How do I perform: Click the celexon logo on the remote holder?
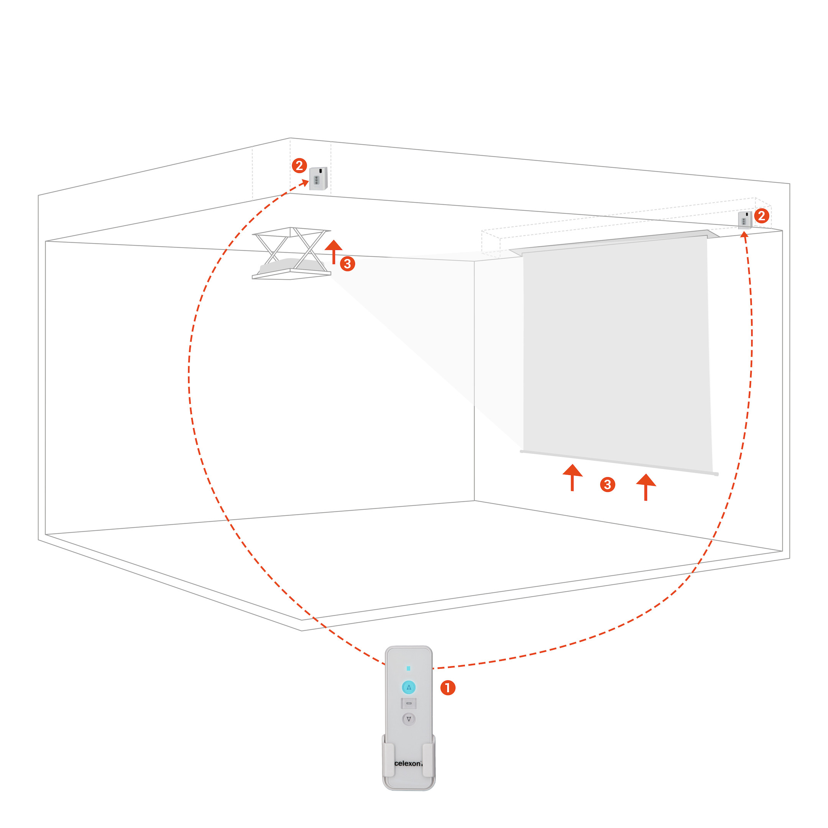coord(408,763)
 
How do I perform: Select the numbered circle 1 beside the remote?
coord(448,688)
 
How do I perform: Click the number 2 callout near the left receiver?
coord(299,166)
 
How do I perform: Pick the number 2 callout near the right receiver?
coord(762,215)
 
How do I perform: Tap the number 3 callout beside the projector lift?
coord(348,264)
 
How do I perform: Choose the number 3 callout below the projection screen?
coord(607,485)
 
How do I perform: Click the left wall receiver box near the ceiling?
coord(319,178)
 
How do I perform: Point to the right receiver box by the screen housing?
coord(745,220)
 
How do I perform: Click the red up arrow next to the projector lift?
coord(333,252)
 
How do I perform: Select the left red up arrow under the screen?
coord(572,477)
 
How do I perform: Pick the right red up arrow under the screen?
coord(646,487)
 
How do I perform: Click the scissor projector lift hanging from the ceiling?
coord(291,253)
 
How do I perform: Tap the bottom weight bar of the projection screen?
coord(619,462)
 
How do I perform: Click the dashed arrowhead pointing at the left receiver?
coord(304,184)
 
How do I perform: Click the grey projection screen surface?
coord(616,352)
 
